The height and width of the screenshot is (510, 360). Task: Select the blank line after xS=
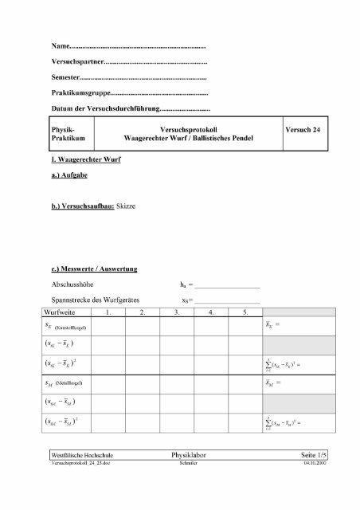pyautogui.click(x=228, y=300)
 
